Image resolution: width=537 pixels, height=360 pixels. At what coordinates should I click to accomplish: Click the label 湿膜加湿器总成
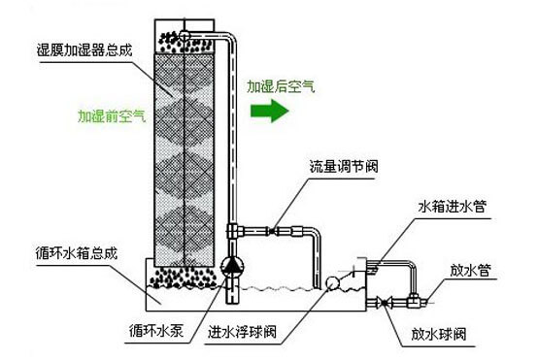[x=84, y=50]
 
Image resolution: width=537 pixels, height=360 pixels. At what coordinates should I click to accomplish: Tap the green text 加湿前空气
[x=112, y=116]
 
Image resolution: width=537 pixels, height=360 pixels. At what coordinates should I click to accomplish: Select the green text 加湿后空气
[x=281, y=86]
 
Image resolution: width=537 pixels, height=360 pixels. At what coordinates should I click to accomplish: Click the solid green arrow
[x=270, y=111]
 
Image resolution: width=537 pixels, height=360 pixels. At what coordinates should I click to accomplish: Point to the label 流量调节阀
[x=344, y=166]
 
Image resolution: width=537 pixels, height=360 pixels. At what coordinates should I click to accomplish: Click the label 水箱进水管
[x=453, y=207]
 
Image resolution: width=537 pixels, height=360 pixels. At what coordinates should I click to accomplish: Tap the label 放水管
[x=471, y=270]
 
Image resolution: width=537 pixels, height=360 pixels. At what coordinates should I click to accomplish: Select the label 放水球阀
[x=439, y=334]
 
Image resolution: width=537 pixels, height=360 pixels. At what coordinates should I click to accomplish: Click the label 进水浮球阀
[x=242, y=332]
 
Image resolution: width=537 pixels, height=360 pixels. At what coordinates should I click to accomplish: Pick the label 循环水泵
[x=156, y=330]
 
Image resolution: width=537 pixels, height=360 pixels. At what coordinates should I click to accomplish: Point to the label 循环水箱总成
[x=77, y=253]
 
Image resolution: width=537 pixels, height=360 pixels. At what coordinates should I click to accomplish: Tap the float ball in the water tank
[x=332, y=283]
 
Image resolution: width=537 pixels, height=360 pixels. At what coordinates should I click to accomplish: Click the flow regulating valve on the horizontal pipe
[x=272, y=231]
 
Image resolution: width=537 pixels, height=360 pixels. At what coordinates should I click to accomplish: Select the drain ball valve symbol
[x=384, y=303]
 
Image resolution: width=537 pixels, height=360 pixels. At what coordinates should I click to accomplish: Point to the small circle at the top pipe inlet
[x=185, y=35]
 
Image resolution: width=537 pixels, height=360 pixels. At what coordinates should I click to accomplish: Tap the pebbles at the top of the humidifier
[x=185, y=43]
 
